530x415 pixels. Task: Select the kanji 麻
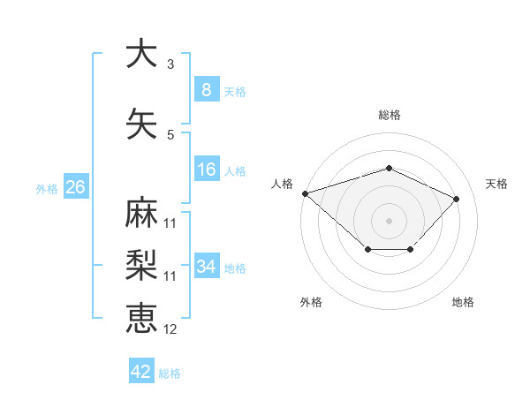(x=141, y=213)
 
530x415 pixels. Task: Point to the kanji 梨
(x=141, y=265)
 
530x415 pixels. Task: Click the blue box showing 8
(x=206, y=90)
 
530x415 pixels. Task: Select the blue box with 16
(x=206, y=170)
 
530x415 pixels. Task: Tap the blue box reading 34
(x=206, y=267)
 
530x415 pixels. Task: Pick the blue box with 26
(x=75, y=187)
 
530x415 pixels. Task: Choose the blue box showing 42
(x=141, y=372)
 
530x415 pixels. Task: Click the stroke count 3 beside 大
(x=170, y=64)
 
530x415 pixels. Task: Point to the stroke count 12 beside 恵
(x=170, y=329)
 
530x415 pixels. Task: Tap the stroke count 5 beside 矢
(x=170, y=135)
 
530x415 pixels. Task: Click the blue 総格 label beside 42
(x=170, y=373)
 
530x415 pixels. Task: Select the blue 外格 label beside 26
(x=46, y=189)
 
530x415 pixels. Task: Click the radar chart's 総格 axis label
(x=389, y=115)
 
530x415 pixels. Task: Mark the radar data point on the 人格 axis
(x=305, y=192)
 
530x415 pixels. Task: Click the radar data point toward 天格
(x=456, y=199)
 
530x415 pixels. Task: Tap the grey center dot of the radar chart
(x=389, y=220)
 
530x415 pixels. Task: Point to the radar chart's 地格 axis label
(x=463, y=303)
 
